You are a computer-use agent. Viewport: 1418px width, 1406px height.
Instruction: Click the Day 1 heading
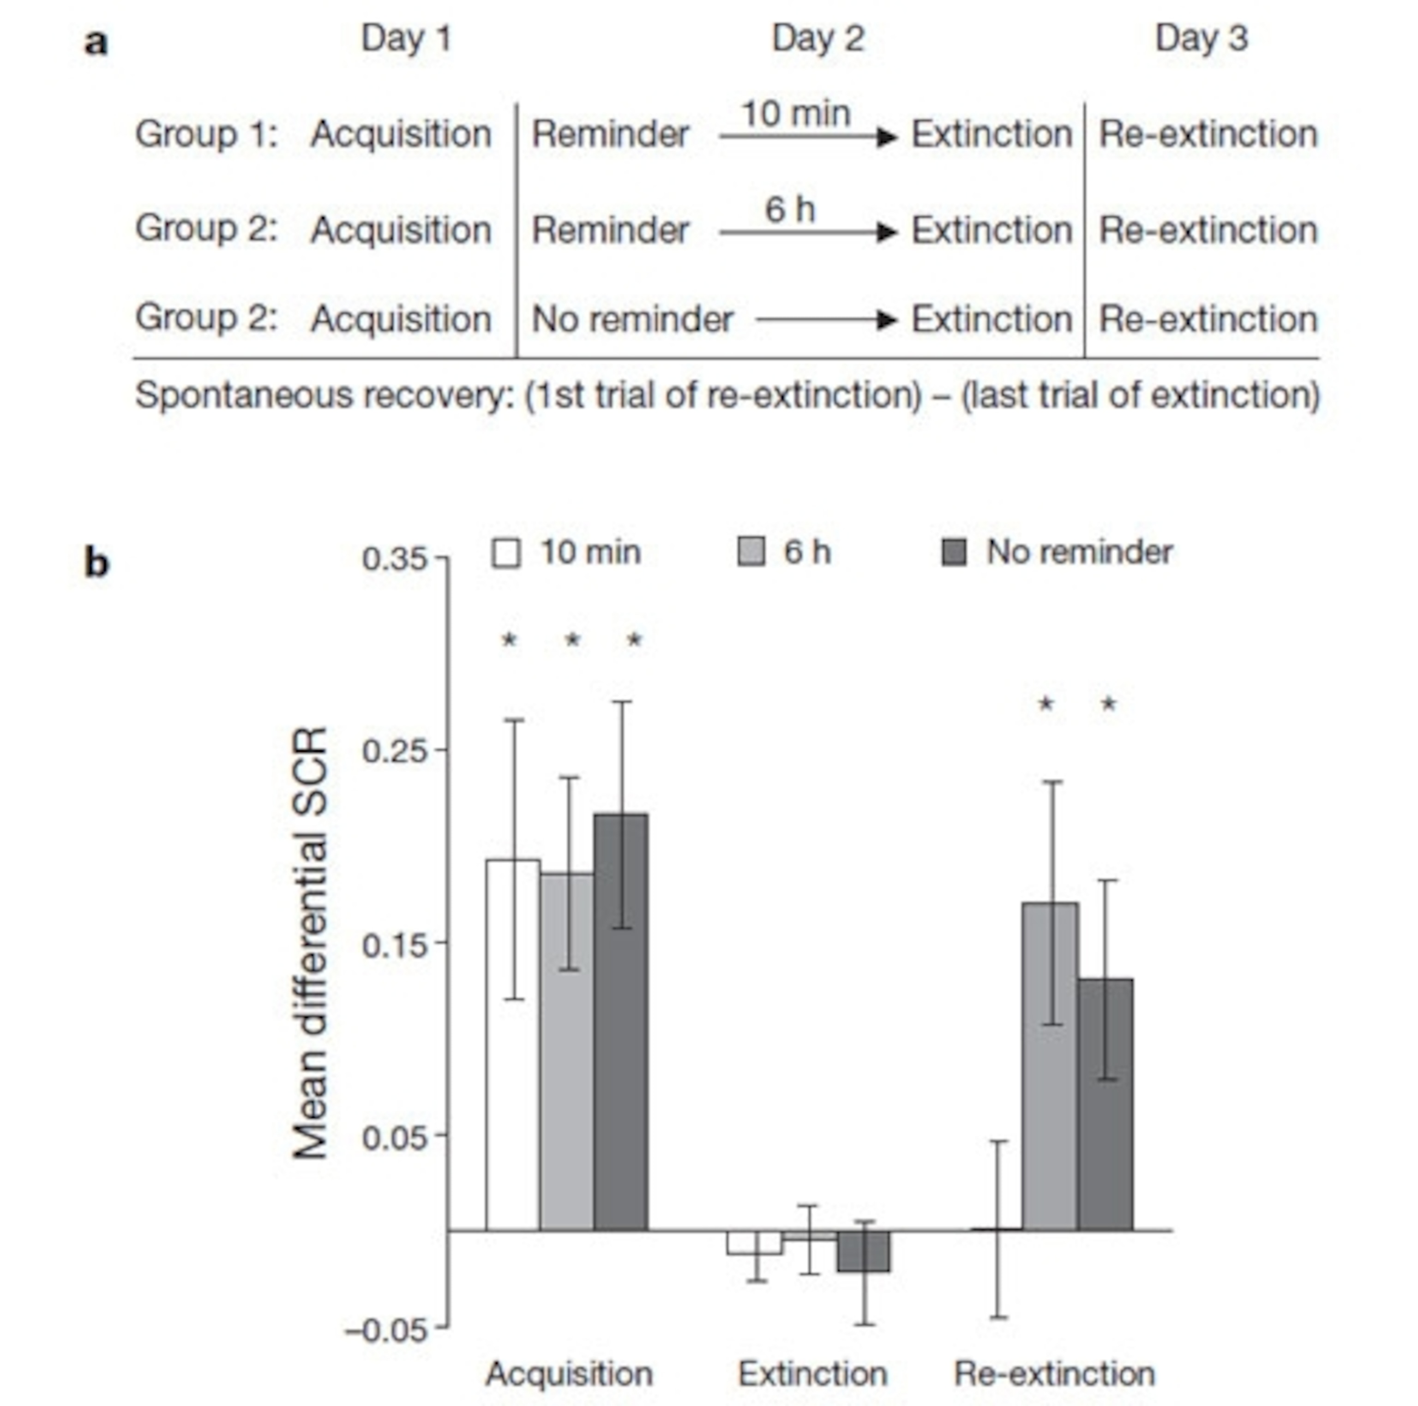[x=406, y=38]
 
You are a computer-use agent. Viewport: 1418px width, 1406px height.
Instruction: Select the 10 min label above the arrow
[x=796, y=114]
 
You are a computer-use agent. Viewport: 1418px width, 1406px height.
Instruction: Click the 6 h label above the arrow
[x=790, y=210]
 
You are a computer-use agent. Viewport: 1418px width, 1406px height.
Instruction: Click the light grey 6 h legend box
[x=751, y=552]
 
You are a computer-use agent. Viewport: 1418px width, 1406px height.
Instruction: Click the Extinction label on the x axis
[x=812, y=1373]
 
